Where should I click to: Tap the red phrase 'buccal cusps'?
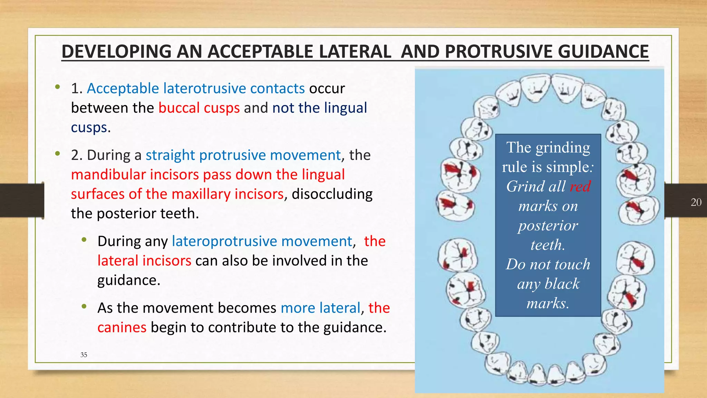(x=199, y=108)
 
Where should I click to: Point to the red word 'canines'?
(x=122, y=327)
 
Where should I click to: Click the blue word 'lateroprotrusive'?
(x=262, y=241)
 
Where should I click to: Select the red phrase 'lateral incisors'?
(x=144, y=260)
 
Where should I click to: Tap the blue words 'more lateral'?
(x=320, y=308)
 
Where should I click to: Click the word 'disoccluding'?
(x=332, y=194)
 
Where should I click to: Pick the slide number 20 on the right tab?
(x=696, y=202)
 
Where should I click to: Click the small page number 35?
(x=84, y=355)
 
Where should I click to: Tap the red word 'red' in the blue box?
(x=580, y=187)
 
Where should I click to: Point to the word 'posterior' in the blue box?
(x=548, y=226)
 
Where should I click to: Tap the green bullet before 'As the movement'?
(x=84, y=306)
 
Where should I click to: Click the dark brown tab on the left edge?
(x=21, y=200)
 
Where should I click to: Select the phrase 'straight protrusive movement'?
(x=243, y=155)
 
